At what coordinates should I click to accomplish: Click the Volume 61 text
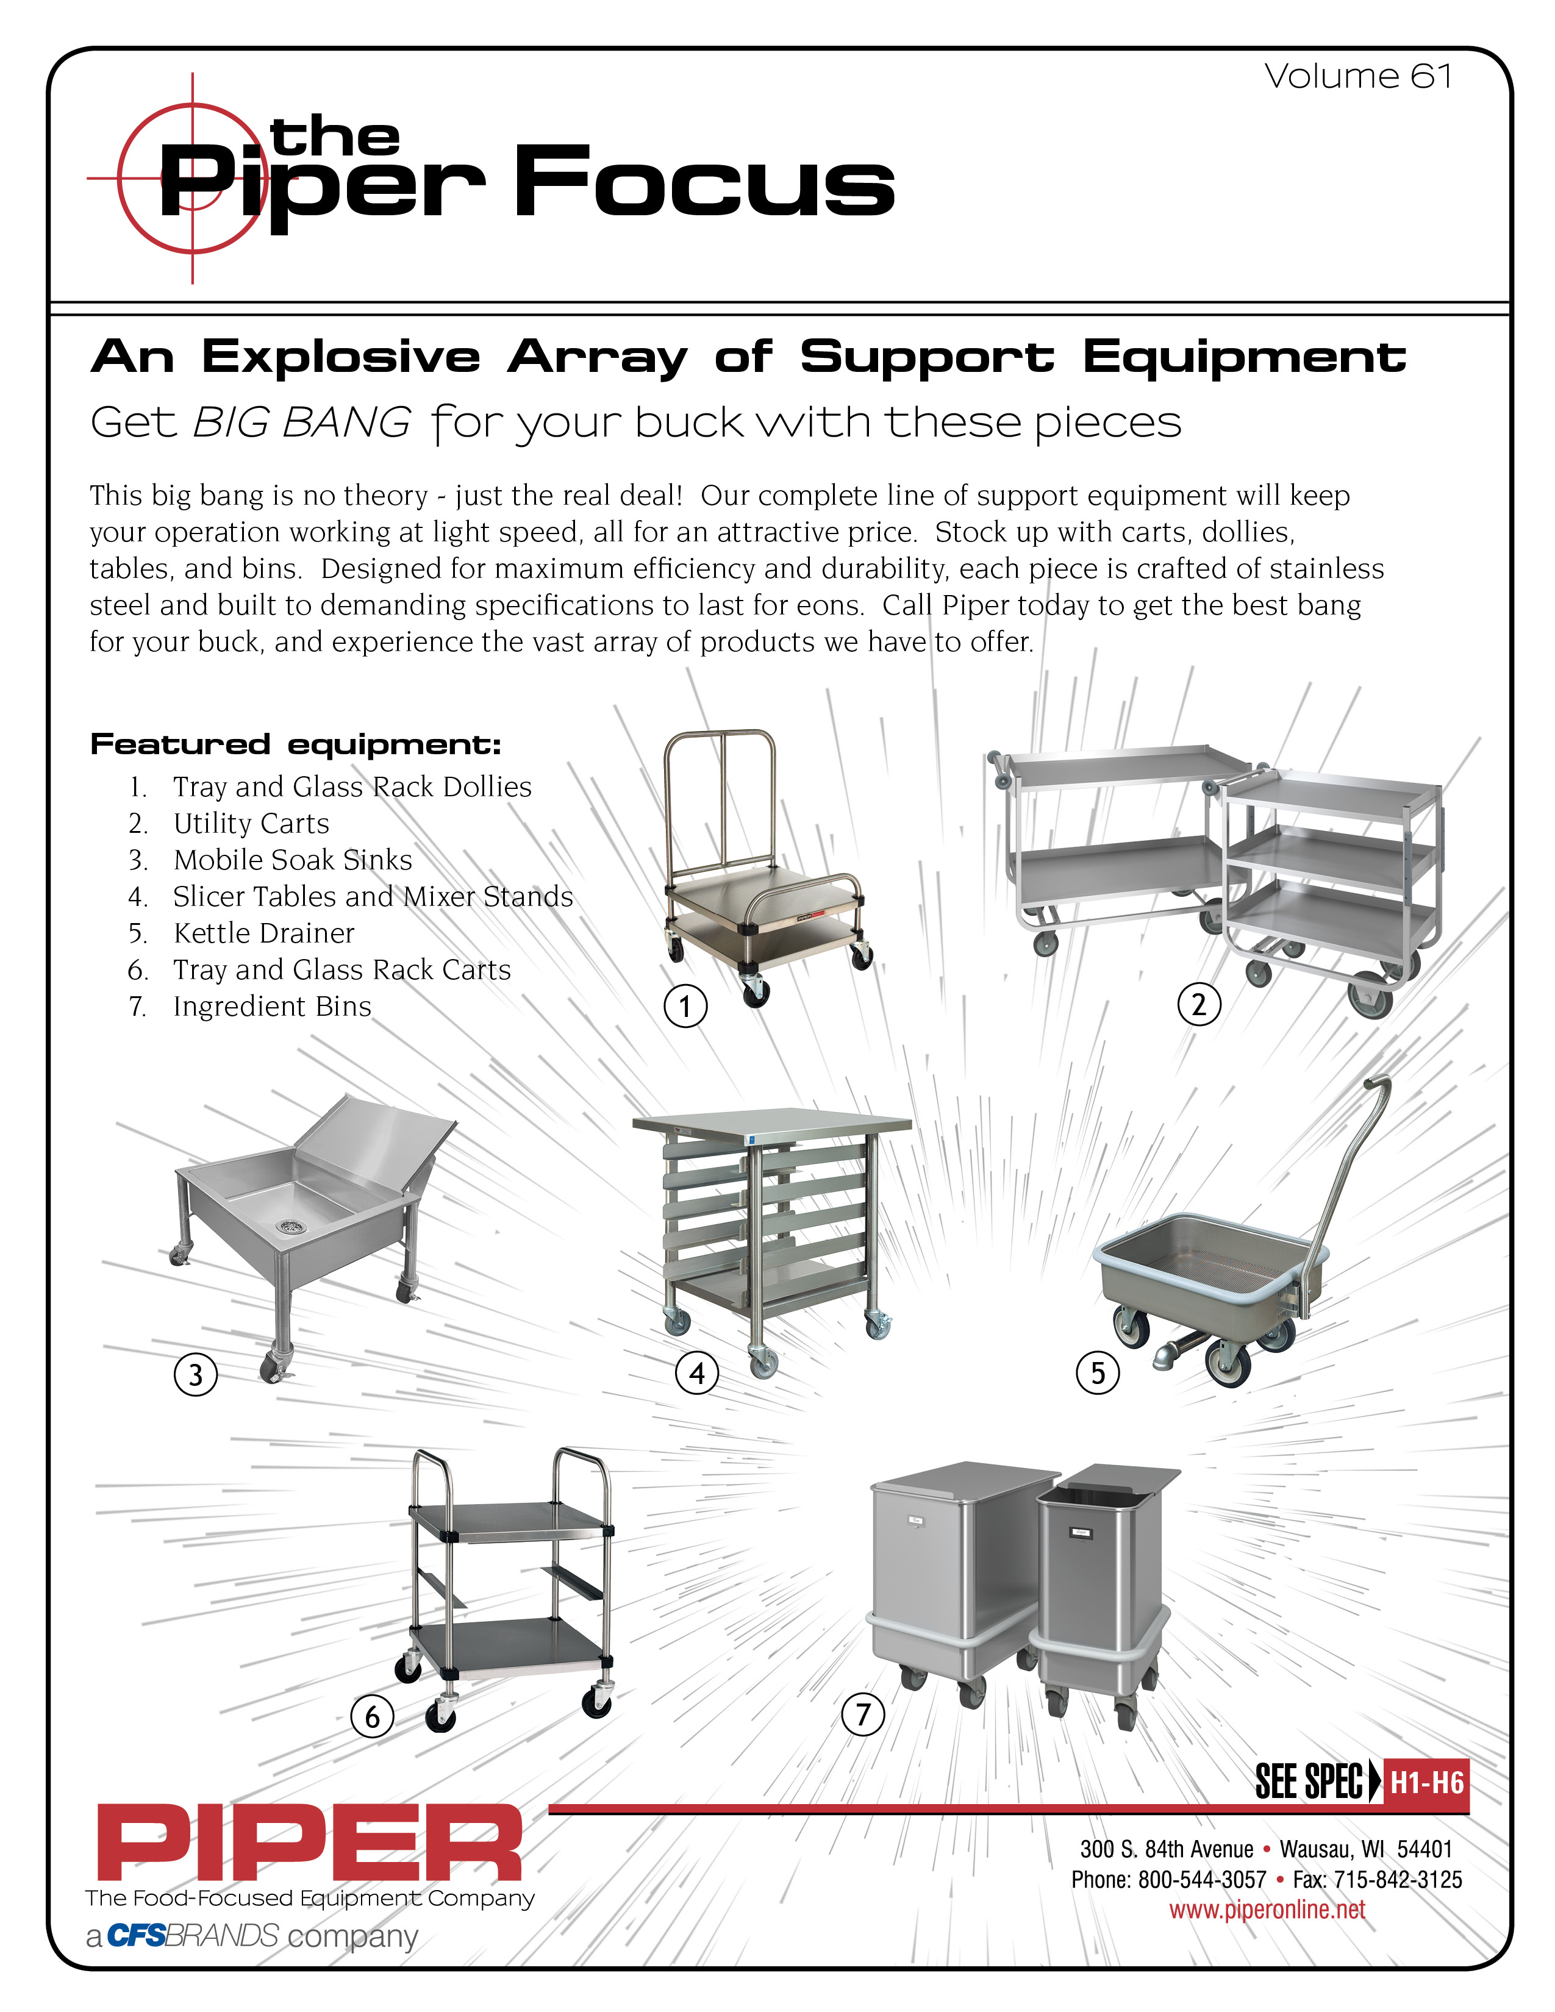click(x=1358, y=76)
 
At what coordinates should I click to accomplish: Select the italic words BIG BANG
click(x=301, y=423)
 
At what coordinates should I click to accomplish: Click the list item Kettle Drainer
click(x=263, y=933)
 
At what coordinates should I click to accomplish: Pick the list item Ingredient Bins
click(x=272, y=1006)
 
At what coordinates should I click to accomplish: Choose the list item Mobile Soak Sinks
click(x=292, y=860)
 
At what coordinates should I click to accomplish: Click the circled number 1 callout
click(x=685, y=1006)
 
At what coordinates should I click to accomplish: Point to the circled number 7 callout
click(x=863, y=1714)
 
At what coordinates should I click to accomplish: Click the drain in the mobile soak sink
click(x=288, y=1225)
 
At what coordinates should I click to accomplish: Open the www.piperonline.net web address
click(x=1267, y=1909)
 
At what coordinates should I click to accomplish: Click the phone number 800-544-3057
click(x=1201, y=1879)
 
